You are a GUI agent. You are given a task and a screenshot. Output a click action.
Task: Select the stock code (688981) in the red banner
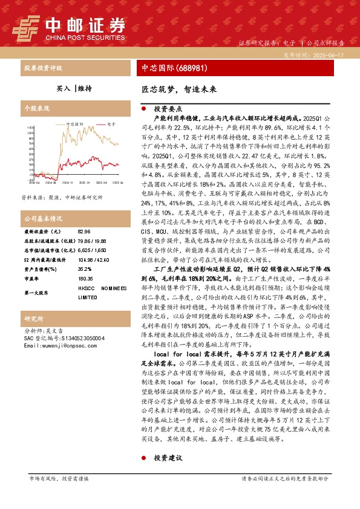pyautogui.click(x=191, y=68)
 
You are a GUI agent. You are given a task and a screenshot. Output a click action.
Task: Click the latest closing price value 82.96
pyautogui.click(x=85, y=232)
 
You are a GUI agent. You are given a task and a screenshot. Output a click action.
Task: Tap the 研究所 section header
pyautogui.click(x=33, y=318)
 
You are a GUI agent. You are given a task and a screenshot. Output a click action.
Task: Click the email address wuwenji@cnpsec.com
pyautogui.click(x=56, y=345)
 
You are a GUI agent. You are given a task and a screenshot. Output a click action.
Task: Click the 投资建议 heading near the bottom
pyautogui.click(x=168, y=458)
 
